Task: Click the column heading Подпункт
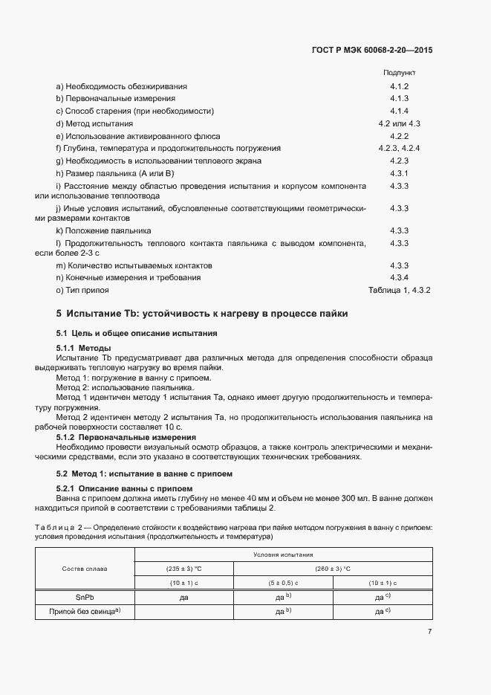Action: [x=399, y=74]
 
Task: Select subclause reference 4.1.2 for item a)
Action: [x=400, y=86]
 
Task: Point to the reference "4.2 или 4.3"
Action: [x=400, y=123]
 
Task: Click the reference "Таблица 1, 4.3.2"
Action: [x=400, y=290]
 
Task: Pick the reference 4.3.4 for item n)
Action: [x=400, y=277]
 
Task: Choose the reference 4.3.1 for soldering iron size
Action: [x=400, y=173]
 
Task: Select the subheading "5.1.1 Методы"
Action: [x=84, y=348]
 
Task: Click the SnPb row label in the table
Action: [x=85, y=597]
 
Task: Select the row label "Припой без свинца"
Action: [x=85, y=611]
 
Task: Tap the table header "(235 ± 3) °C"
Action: [x=183, y=569]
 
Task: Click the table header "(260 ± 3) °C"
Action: [x=332, y=569]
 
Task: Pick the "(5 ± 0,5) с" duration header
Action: [x=283, y=583]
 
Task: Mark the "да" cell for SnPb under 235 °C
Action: [x=183, y=597]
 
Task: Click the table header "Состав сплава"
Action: [x=85, y=569]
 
